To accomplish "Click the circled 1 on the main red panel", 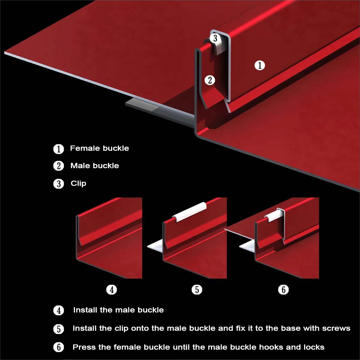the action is coord(260,65).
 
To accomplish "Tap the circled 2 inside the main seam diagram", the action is coord(210,80).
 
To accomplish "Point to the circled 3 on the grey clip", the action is coord(215,38).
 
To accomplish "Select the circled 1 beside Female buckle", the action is coord(59,149).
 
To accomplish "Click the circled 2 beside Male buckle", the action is coord(59,166).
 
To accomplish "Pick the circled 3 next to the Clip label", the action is coord(59,184).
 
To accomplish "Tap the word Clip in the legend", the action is coord(79,184).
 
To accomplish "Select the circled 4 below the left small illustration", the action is coord(112,290).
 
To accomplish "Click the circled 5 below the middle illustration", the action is coord(197,290).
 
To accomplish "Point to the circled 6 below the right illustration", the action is coord(283,290).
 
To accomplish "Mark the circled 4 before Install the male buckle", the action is coord(59,311).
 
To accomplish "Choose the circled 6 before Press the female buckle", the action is coord(59,347).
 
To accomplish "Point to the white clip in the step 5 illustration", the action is coord(189,212).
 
